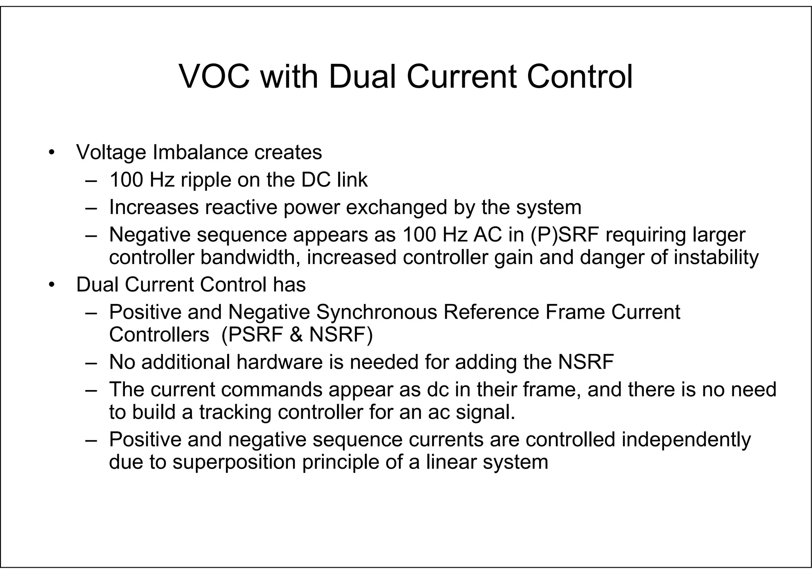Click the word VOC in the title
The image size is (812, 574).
(214, 77)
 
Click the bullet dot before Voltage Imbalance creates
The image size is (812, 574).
(51, 153)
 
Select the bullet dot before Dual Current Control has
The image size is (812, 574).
(51, 285)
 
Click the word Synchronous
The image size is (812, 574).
(376, 312)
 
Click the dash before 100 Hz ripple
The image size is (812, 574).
(91, 181)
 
